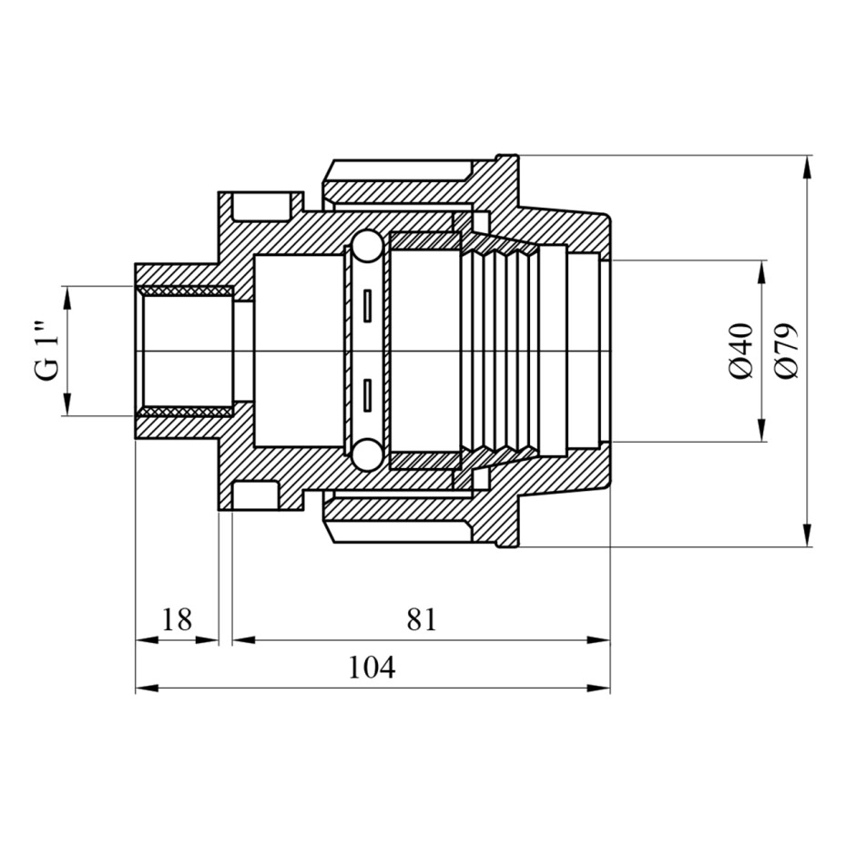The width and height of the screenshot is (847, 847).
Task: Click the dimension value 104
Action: coord(372,667)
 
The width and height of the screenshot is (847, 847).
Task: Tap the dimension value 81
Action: coord(422,619)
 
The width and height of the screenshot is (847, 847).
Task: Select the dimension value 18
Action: coord(178,619)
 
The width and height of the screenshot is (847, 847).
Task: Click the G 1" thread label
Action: coord(47,352)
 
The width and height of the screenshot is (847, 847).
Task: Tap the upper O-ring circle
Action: coord(367,248)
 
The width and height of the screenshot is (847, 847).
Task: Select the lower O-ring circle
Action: coord(367,454)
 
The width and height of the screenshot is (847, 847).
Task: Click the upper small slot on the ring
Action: coord(367,306)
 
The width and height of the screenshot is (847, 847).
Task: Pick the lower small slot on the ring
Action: coord(367,395)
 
